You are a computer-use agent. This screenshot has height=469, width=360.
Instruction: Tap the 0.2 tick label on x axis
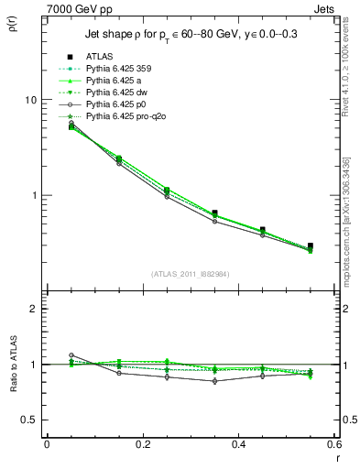click(x=142, y=444)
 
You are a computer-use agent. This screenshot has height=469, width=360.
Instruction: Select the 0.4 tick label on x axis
click(x=238, y=444)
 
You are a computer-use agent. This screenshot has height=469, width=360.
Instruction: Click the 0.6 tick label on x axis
click(x=333, y=444)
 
